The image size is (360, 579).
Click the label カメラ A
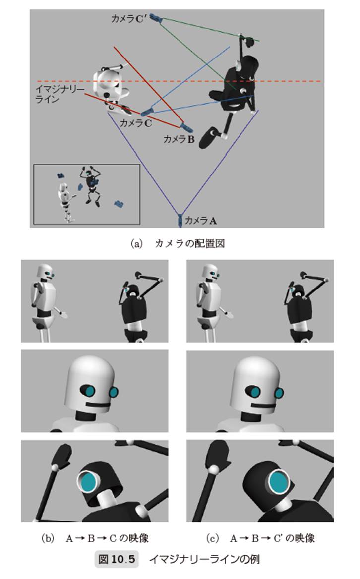pyautogui.click(x=200, y=221)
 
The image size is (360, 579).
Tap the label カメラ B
pyautogui.click(x=179, y=139)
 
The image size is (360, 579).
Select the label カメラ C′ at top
pyautogui.click(x=129, y=18)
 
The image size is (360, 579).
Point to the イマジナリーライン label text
pyautogui.click(x=60, y=94)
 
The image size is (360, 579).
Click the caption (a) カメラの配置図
pyautogui.click(x=178, y=244)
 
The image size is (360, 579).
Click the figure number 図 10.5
pyautogui.click(x=117, y=559)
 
